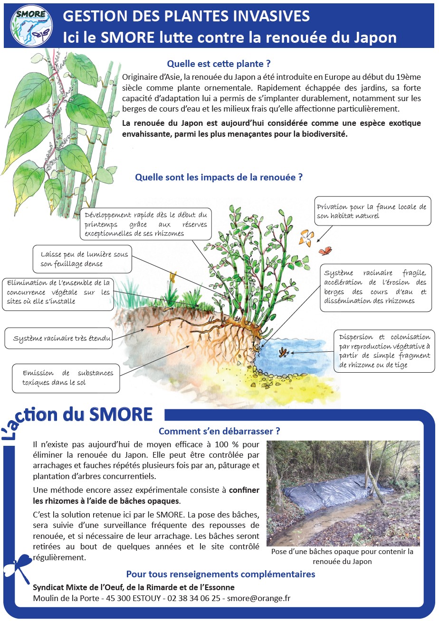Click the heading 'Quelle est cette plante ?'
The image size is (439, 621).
(222, 64)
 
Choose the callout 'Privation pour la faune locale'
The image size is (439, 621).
(371, 211)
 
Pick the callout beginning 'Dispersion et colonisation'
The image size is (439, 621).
(384, 351)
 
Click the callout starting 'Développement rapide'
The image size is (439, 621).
(146, 224)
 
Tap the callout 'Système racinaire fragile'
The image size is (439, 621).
(375, 287)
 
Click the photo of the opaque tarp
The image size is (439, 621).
(343, 493)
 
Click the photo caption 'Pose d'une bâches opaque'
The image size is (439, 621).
(343, 556)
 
